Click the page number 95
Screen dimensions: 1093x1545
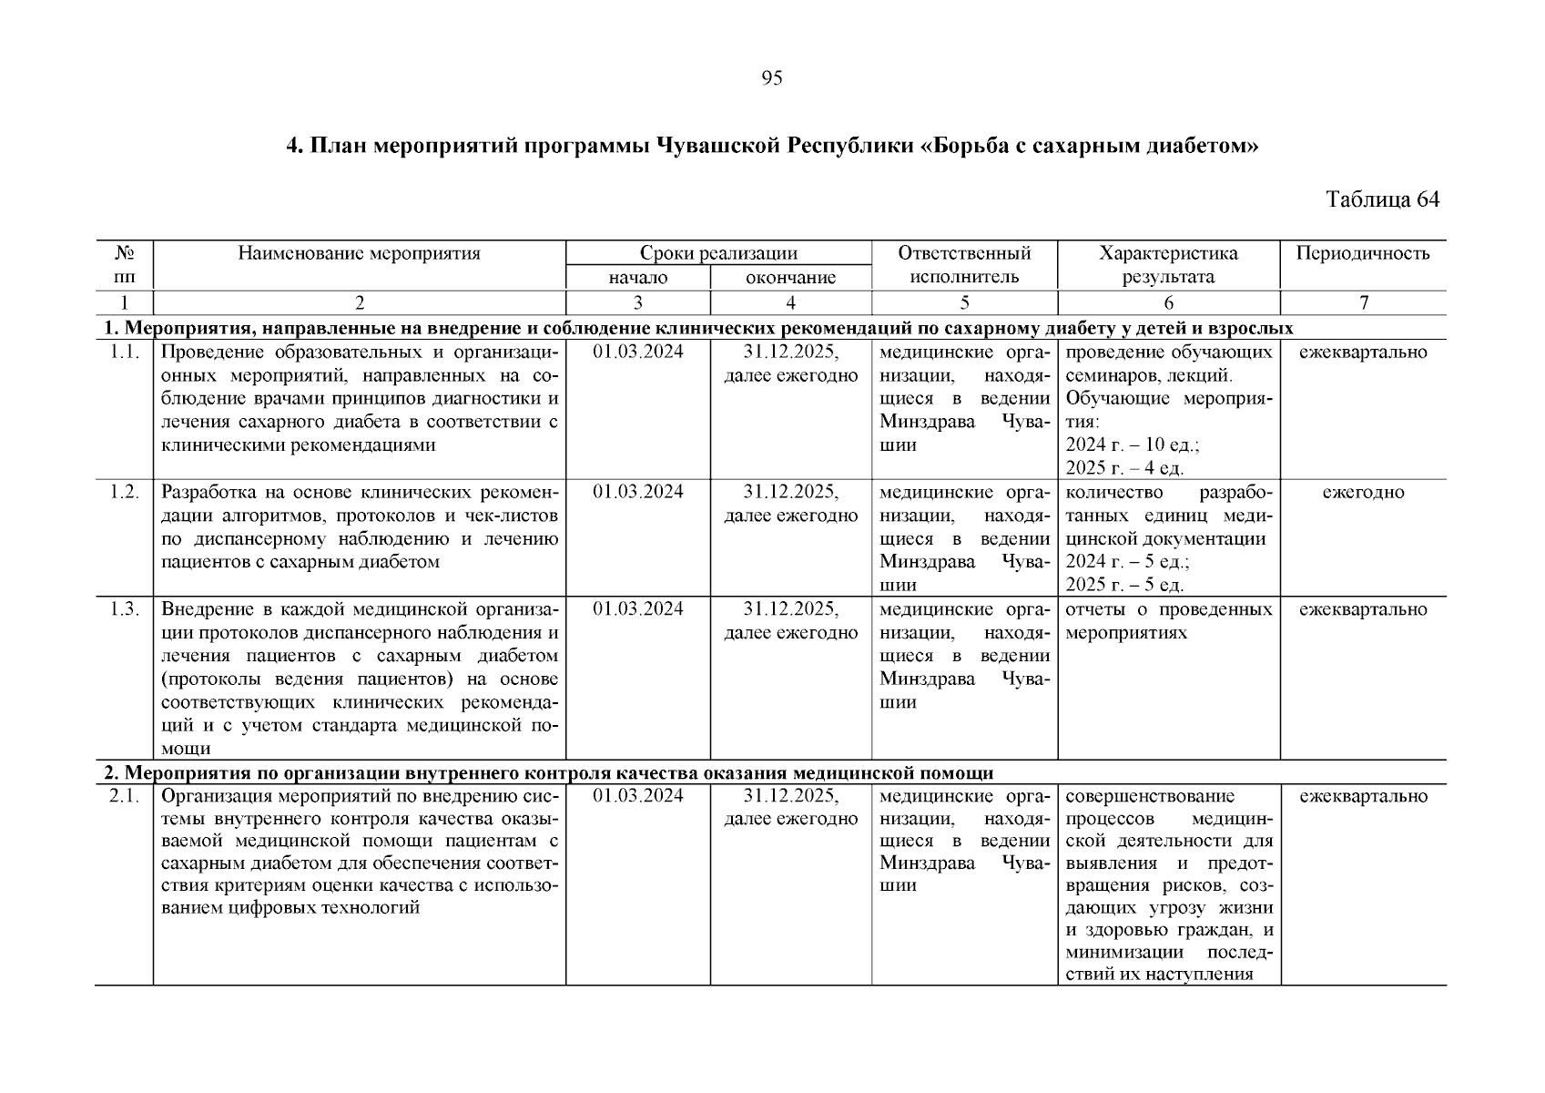tap(771, 78)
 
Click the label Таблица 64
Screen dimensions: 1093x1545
tap(1382, 199)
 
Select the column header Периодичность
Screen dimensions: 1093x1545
tap(1363, 253)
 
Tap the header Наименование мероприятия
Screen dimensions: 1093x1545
tap(359, 253)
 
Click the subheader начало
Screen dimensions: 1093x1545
tap(637, 278)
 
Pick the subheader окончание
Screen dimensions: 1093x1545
tap(790, 278)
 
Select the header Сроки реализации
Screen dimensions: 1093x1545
tap(717, 253)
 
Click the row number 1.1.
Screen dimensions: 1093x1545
tap(124, 352)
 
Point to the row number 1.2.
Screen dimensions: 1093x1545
tap(124, 493)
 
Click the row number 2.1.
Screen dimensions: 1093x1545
tap(124, 796)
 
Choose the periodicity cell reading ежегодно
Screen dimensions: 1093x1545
tap(1363, 493)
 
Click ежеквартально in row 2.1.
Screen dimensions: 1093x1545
tap(1363, 796)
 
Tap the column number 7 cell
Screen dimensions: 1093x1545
tap(1363, 303)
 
